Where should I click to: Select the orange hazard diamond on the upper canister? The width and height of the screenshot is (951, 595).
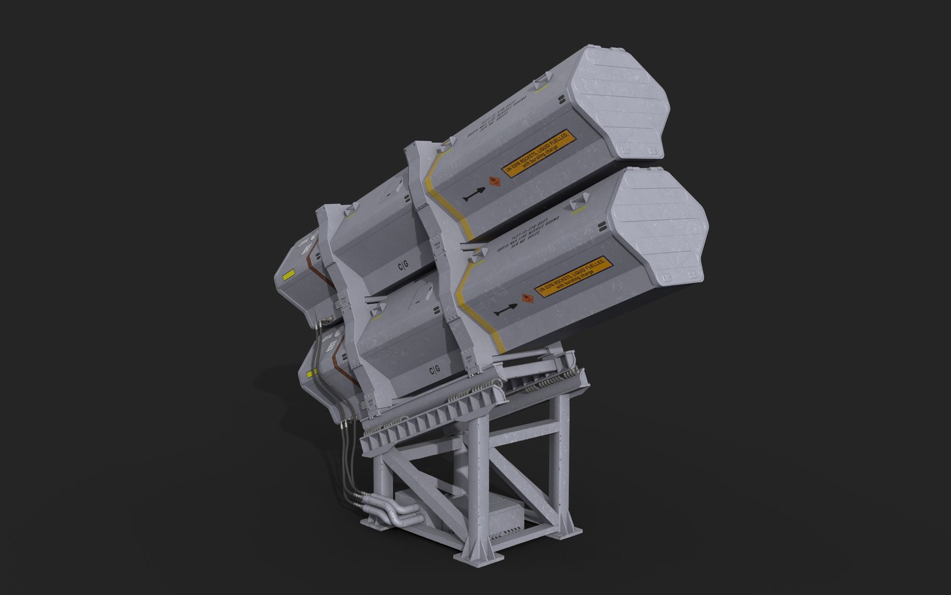pos(494,181)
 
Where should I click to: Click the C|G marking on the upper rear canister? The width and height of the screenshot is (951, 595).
pos(403,267)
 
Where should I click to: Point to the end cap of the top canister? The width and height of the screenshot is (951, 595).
pos(619,102)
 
